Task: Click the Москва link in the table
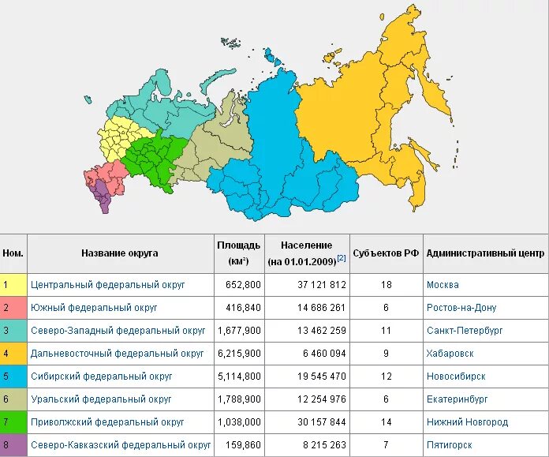tap(443, 285)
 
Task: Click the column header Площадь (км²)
tap(238, 253)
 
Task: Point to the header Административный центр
tap(484, 254)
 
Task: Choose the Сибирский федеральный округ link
tap(101, 376)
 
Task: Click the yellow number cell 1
tap(6, 285)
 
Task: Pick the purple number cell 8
tap(6, 445)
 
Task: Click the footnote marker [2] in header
tap(342, 258)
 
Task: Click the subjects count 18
tap(386, 285)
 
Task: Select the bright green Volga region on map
tap(154, 162)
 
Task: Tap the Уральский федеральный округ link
tap(101, 399)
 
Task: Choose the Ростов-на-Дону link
tap(461, 308)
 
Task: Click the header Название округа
tap(120, 254)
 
